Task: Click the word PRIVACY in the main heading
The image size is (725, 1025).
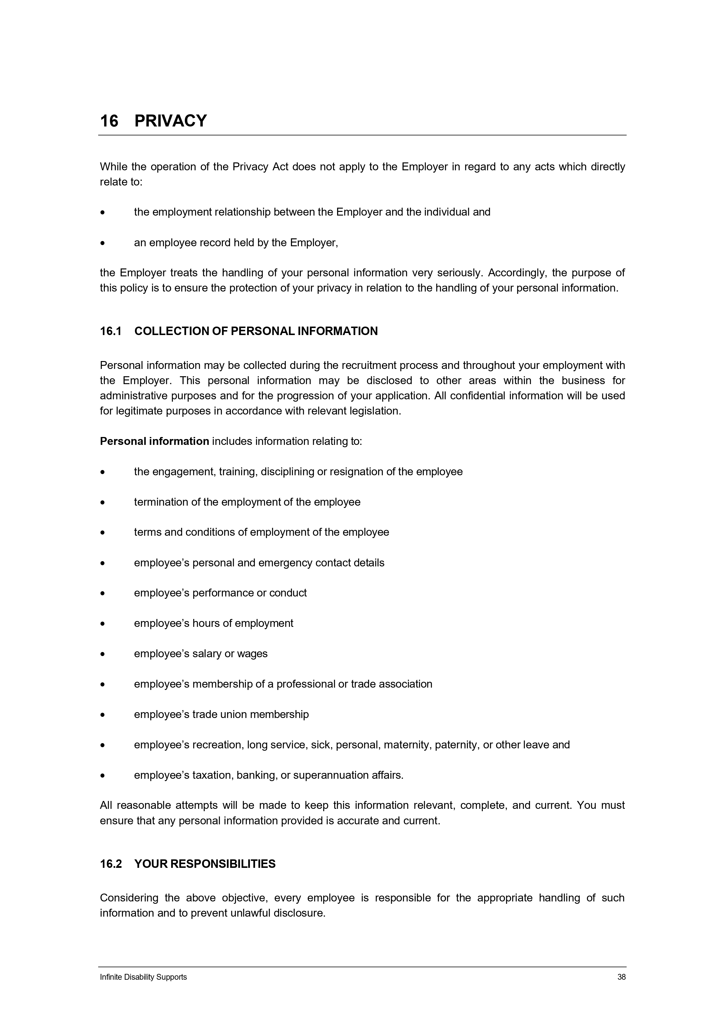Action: point(171,121)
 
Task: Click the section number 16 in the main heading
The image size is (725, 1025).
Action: point(109,121)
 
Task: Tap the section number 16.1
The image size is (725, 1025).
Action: point(111,331)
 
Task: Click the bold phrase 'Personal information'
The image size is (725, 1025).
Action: point(155,441)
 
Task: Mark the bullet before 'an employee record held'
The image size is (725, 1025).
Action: point(103,244)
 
